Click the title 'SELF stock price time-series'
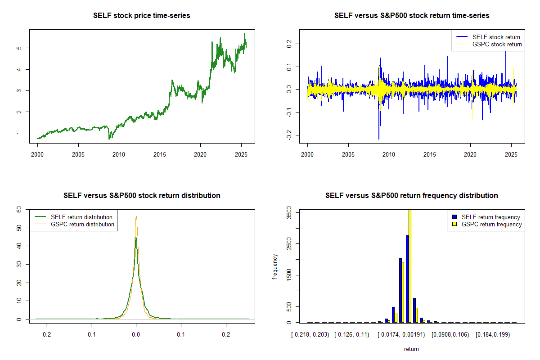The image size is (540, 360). click(142, 16)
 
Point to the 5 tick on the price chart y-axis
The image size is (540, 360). click(20, 48)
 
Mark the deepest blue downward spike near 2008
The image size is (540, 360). click(379, 138)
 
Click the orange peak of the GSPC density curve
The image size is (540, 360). click(136, 216)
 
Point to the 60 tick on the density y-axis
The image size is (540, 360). click(19, 209)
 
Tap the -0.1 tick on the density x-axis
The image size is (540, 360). click(91, 334)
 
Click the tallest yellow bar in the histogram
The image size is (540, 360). click(409, 265)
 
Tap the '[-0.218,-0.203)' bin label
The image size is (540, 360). click(310, 334)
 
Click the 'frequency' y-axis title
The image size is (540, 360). click(275, 267)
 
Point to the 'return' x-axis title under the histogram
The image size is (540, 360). click(411, 349)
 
